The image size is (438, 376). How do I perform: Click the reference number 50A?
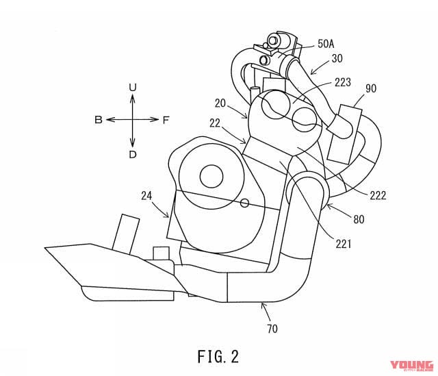pyautogui.click(x=326, y=44)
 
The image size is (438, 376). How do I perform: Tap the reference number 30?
pyautogui.click(x=337, y=58)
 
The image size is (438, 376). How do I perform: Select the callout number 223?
pyautogui.click(x=342, y=82)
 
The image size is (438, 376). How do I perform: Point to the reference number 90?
pyautogui.click(x=371, y=88)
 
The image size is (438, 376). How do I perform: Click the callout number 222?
pyautogui.click(x=378, y=195)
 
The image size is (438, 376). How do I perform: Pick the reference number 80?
pyautogui.click(x=359, y=219)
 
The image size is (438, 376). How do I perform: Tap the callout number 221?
pyautogui.click(x=344, y=245)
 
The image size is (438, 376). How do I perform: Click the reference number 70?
pyautogui.click(x=272, y=329)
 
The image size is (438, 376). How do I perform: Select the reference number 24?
pyautogui.click(x=146, y=196)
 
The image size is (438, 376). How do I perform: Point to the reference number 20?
pyautogui.click(x=220, y=103)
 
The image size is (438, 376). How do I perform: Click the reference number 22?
pyautogui.click(x=215, y=123)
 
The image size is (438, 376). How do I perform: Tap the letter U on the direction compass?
pyautogui.click(x=133, y=88)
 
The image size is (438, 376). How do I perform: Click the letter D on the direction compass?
pyautogui.click(x=133, y=155)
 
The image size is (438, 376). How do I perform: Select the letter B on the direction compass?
pyautogui.click(x=99, y=120)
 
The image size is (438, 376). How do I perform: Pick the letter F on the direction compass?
pyautogui.click(x=166, y=121)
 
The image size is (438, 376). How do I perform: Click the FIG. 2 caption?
pyautogui.click(x=218, y=356)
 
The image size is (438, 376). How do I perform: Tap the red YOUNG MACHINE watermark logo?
pyautogui.click(x=411, y=366)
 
